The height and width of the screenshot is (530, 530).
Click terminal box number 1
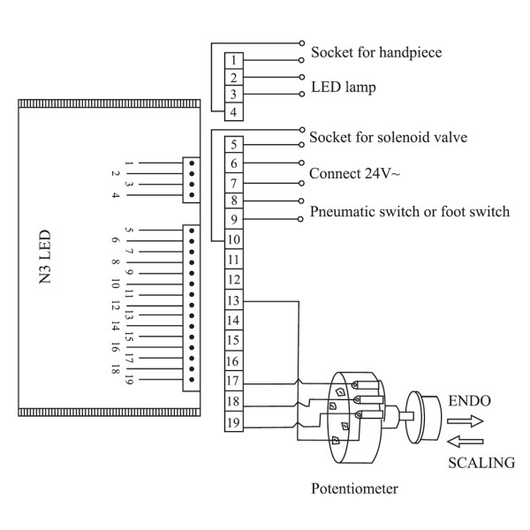coord(234,61)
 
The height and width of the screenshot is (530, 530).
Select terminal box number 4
coord(234,112)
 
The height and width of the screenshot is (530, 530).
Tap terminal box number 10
coord(234,239)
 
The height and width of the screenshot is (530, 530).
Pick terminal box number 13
coord(234,300)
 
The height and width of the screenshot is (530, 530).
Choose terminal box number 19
coord(234,422)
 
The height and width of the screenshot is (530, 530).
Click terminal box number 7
coord(234,183)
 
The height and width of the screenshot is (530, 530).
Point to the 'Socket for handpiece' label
coord(376,53)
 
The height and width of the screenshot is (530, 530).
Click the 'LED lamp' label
coord(344,87)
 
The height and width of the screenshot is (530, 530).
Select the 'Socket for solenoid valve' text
coord(389,137)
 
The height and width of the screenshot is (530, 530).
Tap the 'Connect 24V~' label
coord(354,173)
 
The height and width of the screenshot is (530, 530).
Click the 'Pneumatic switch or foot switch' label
coord(410,212)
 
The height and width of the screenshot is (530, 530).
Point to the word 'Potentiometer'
coord(354,488)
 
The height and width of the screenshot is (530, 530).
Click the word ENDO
coord(470,401)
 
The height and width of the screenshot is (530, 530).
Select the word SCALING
coord(481,463)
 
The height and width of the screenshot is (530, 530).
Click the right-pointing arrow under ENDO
coord(466,421)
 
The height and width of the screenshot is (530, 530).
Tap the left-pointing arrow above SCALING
coord(466,442)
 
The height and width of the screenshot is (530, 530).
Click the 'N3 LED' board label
coord(45,257)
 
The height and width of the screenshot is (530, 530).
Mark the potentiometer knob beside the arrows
coord(423,417)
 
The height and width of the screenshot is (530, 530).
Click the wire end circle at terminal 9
coord(300,219)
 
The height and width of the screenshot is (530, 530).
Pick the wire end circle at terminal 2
coord(302,77)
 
